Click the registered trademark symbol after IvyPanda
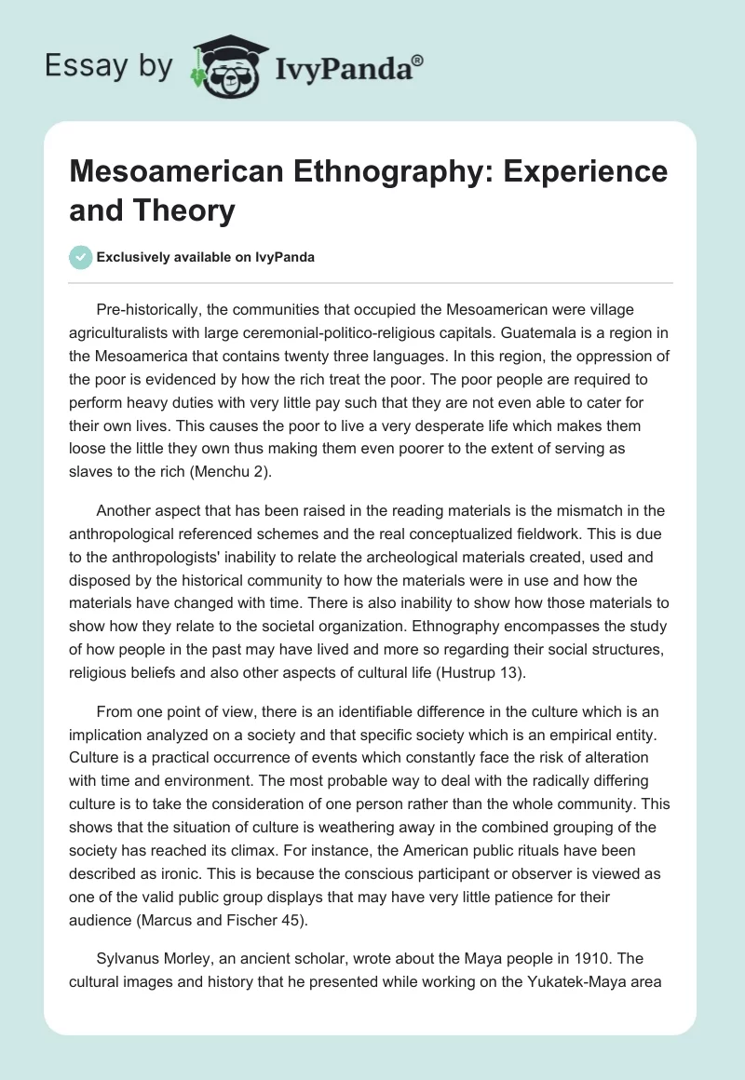[x=418, y=61]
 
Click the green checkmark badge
[x=81, y=257]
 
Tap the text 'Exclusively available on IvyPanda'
[x=206, y=257]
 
